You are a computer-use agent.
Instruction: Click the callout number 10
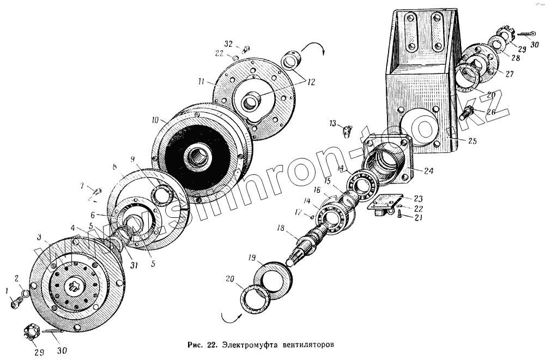[155, 119]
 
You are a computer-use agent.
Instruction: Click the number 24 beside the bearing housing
[429, 170]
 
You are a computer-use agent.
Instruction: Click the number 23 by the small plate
[418, 198]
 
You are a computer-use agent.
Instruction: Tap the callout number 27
[510, 74]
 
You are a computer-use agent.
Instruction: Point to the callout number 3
[40, 238]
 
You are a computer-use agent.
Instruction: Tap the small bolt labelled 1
[15, 303]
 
